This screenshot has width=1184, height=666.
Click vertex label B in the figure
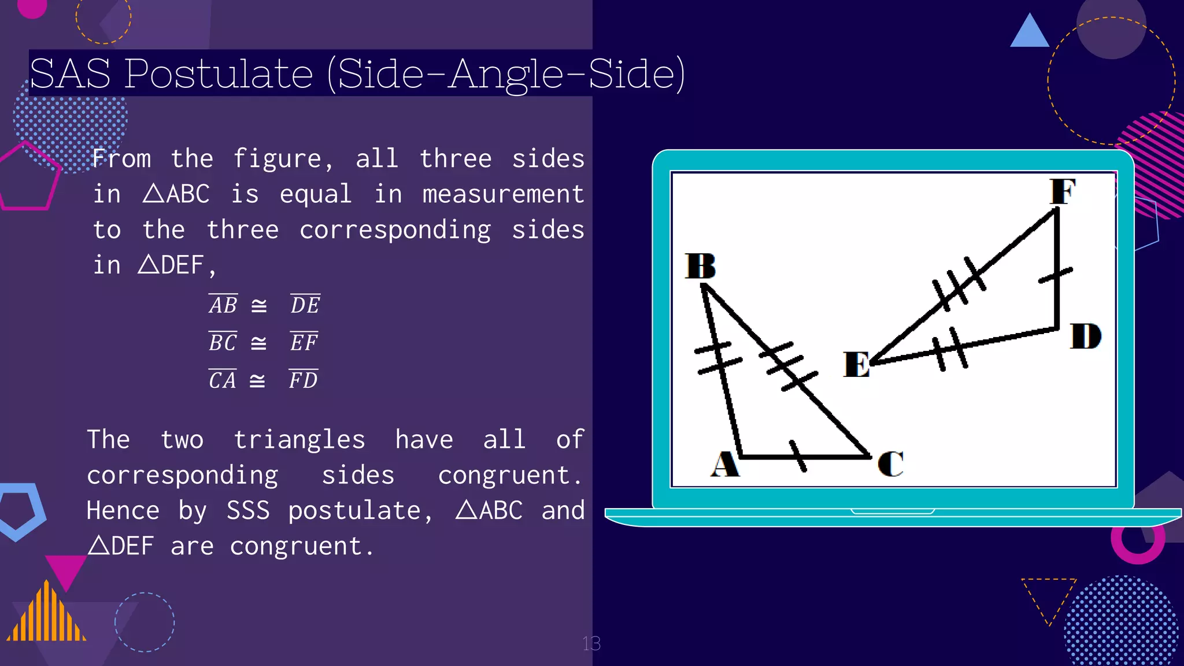tap(700, 266)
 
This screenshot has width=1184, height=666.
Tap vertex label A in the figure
tap(724, 464)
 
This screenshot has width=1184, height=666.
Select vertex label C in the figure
tap(890, 464)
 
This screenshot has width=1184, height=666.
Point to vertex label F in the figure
tap(1063, 191)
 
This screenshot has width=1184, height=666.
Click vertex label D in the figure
tap(1085, 336)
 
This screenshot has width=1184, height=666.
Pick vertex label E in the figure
tap(856, 365)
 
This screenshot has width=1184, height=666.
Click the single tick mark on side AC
tap(798, 456)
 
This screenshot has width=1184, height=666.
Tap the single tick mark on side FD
tap(1056, 275)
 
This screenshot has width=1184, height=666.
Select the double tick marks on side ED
tap(950, 349)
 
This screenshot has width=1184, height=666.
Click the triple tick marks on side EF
tap(958, 284)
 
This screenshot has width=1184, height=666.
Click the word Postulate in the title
tap(219, 74)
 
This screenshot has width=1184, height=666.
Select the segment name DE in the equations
tap(305, 305)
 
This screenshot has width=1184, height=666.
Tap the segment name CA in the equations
tap(223, 380)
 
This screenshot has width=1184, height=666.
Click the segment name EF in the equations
tap(304, 342)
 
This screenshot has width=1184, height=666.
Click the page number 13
tap(591, 643)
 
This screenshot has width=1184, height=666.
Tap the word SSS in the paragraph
tap(247, 510)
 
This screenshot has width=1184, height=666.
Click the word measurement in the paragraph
tap(503, 194)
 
